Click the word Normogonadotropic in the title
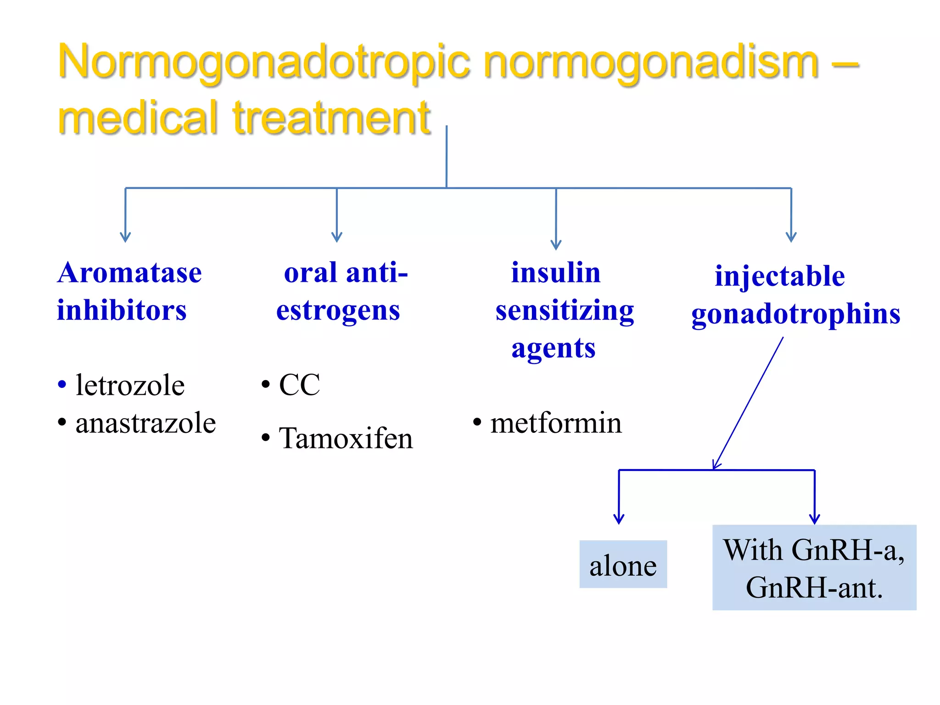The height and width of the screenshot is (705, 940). click(x=264, y=62)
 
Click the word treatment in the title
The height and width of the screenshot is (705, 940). click(x=331, y=118)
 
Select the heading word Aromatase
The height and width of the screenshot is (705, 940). click(x=129, y=273)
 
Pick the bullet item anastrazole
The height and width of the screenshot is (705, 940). click(x=145, y=423)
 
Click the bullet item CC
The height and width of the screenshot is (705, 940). click(x=299, y=385)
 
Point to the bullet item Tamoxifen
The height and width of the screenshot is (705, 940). click(x=346, y=438)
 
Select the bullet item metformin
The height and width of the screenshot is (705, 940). click(x=556, y=423)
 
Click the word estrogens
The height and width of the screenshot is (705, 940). click(x=338, y=311)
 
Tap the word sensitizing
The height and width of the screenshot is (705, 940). click(x=565, y=311)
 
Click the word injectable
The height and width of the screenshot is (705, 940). click(x=780, y=276)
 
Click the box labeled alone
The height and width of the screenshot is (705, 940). click(x=623, y=565)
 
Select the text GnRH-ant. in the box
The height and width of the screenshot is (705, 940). click(x=814, y=587)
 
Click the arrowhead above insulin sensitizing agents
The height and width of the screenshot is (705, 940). click(x=556, y=245)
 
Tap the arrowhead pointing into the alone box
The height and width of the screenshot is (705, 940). click(x=619, y=519)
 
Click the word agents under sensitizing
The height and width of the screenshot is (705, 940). click(x=554, y=348)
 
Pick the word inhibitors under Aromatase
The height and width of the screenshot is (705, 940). click(x=122, y=311)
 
